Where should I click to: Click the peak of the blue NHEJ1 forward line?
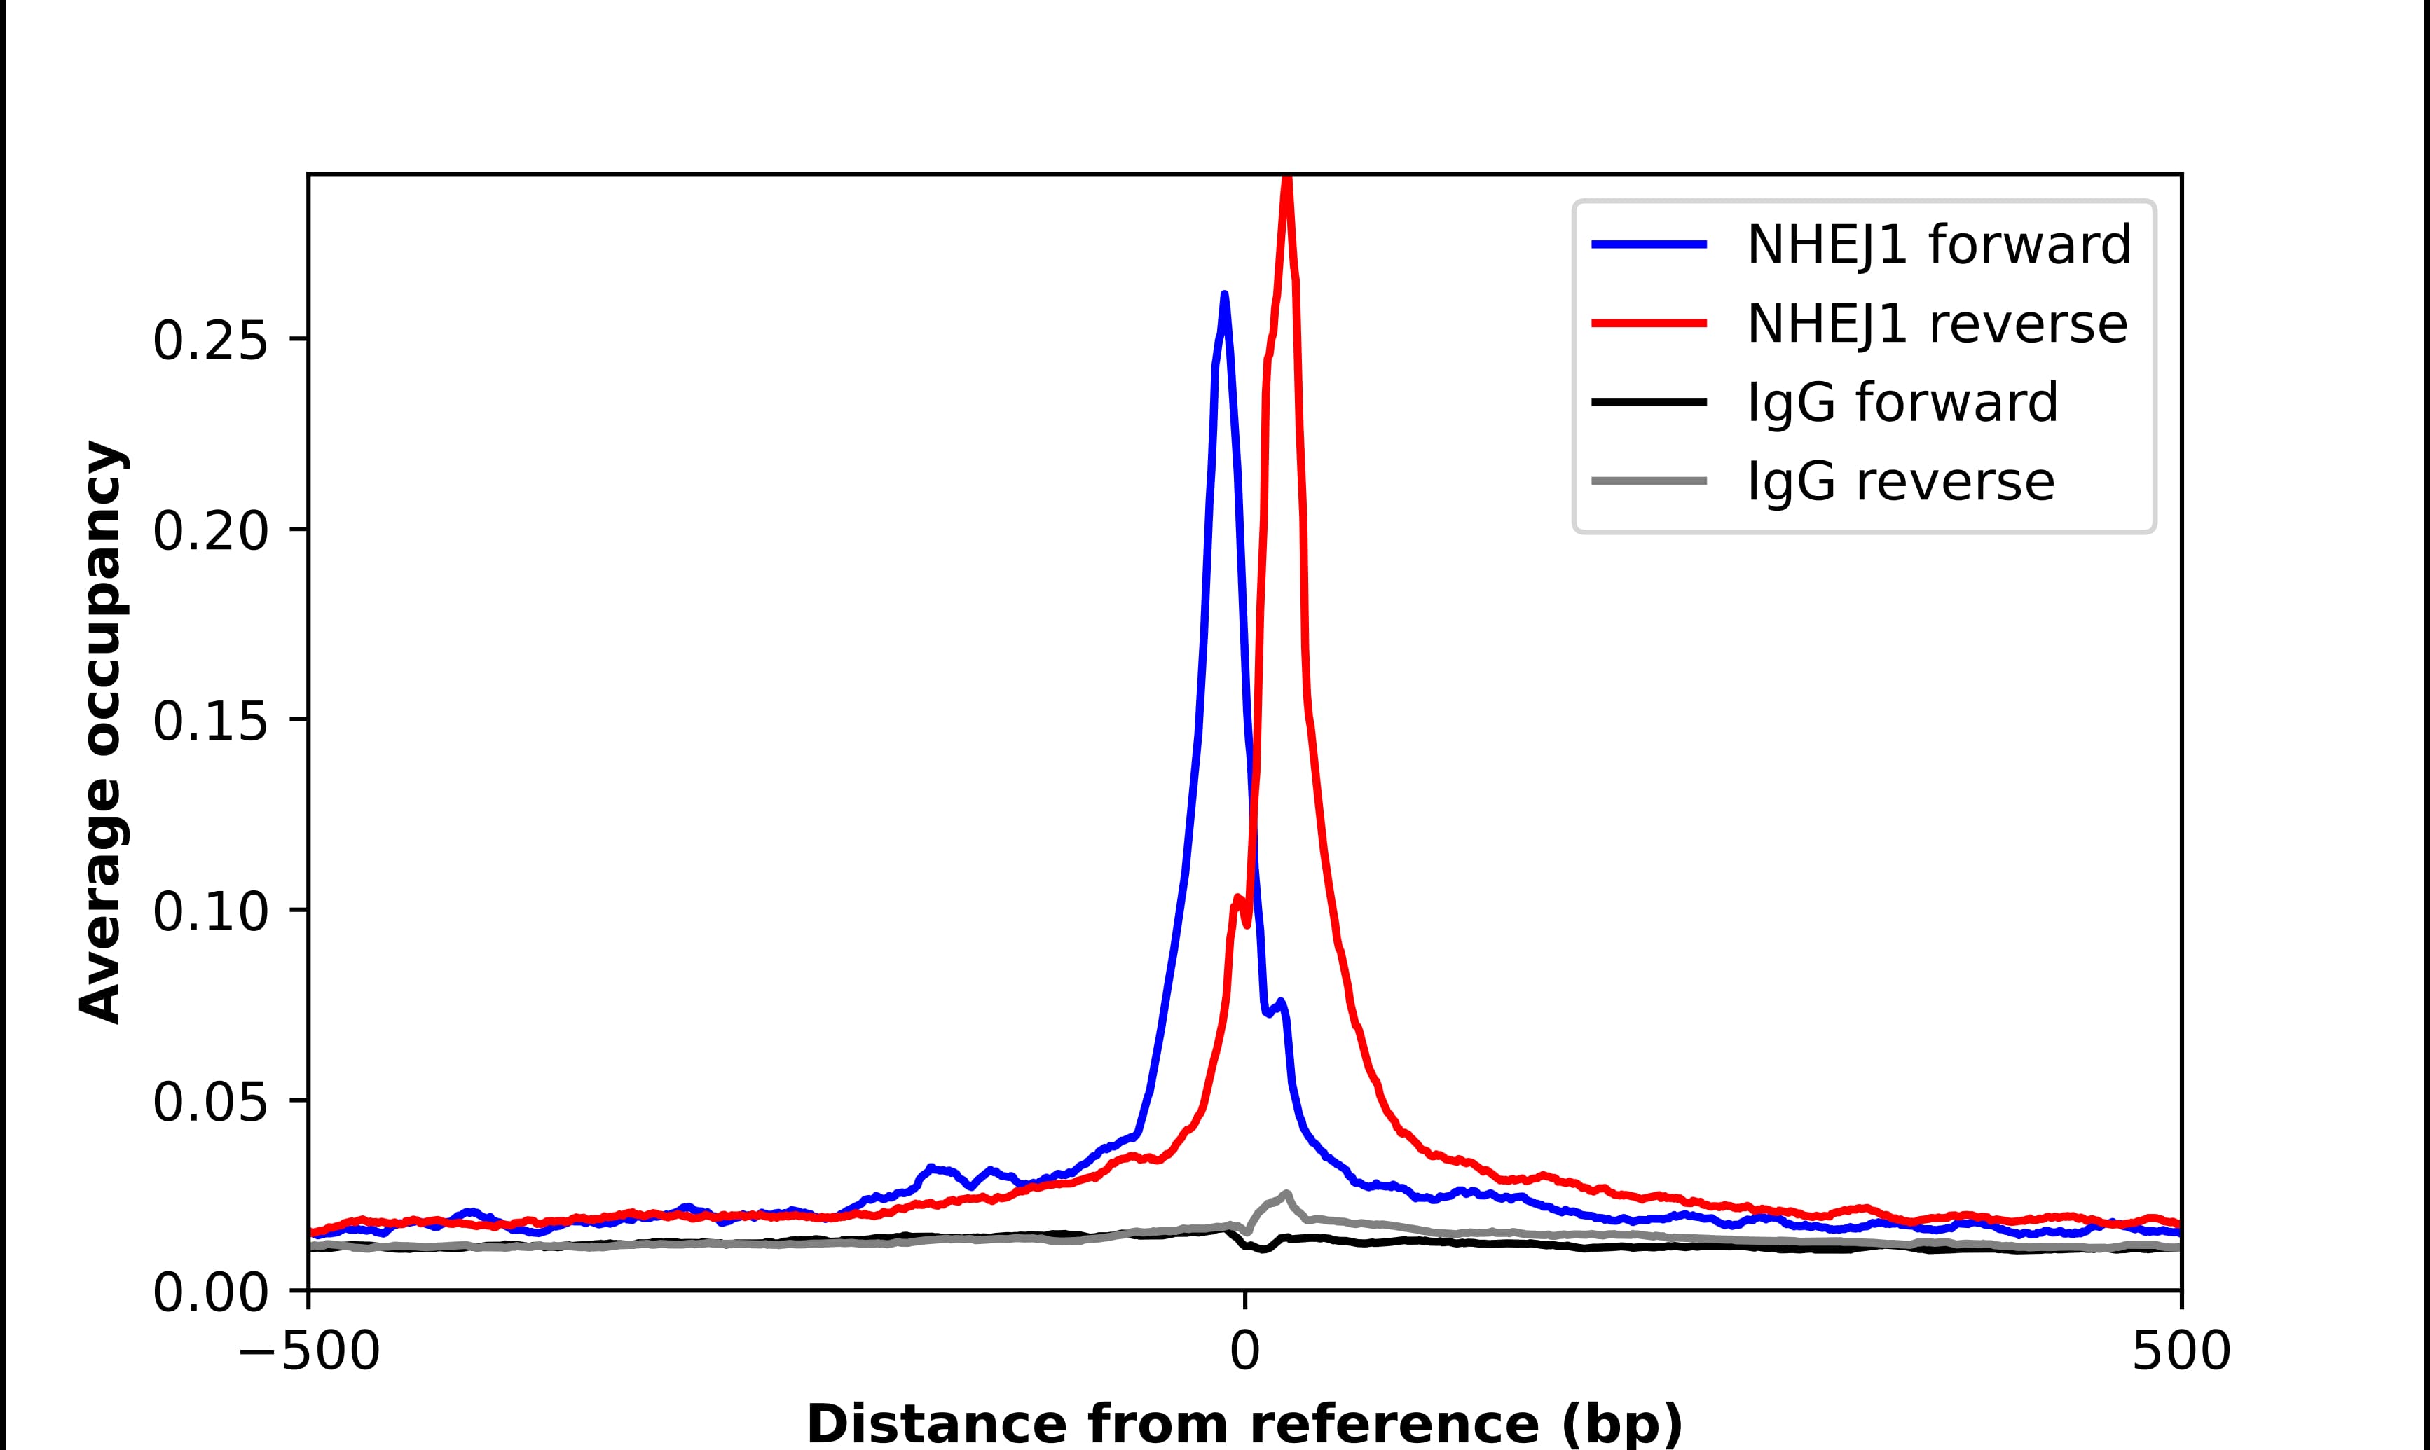click(1223, 295)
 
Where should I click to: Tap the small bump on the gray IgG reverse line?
click(1286, 1194)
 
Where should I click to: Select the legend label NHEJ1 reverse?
click(1937, 324)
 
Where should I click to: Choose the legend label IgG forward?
click(1902, 403)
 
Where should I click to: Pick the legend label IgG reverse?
click(1900, 482)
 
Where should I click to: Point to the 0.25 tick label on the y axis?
click(210, 341)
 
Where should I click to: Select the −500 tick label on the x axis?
click(310, 1353)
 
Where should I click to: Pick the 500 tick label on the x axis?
click(2181, 1353)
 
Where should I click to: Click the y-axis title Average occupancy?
click(102, 732)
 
